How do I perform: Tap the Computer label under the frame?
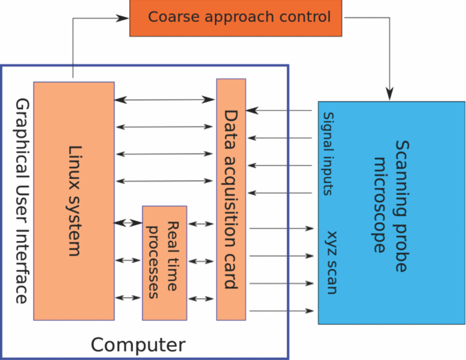[x=138, y=345]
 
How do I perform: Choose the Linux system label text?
[x=75, y=200]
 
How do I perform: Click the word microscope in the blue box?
[x=380, y=205]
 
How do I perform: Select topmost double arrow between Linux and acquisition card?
[x=164, y=100]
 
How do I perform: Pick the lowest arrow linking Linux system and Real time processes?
[x=128, y=296]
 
